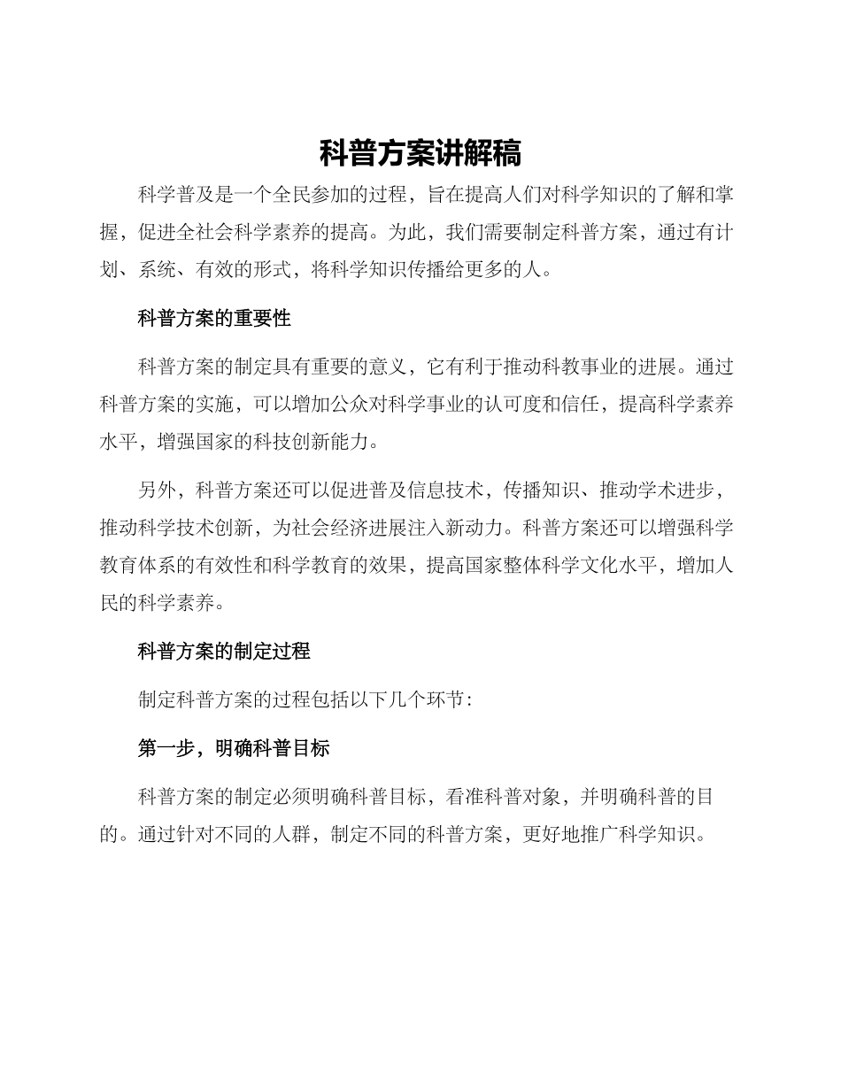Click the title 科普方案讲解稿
420,154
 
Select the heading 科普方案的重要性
214,319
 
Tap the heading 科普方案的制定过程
224,651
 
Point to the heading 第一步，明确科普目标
234,747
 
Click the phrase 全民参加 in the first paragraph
311,195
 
